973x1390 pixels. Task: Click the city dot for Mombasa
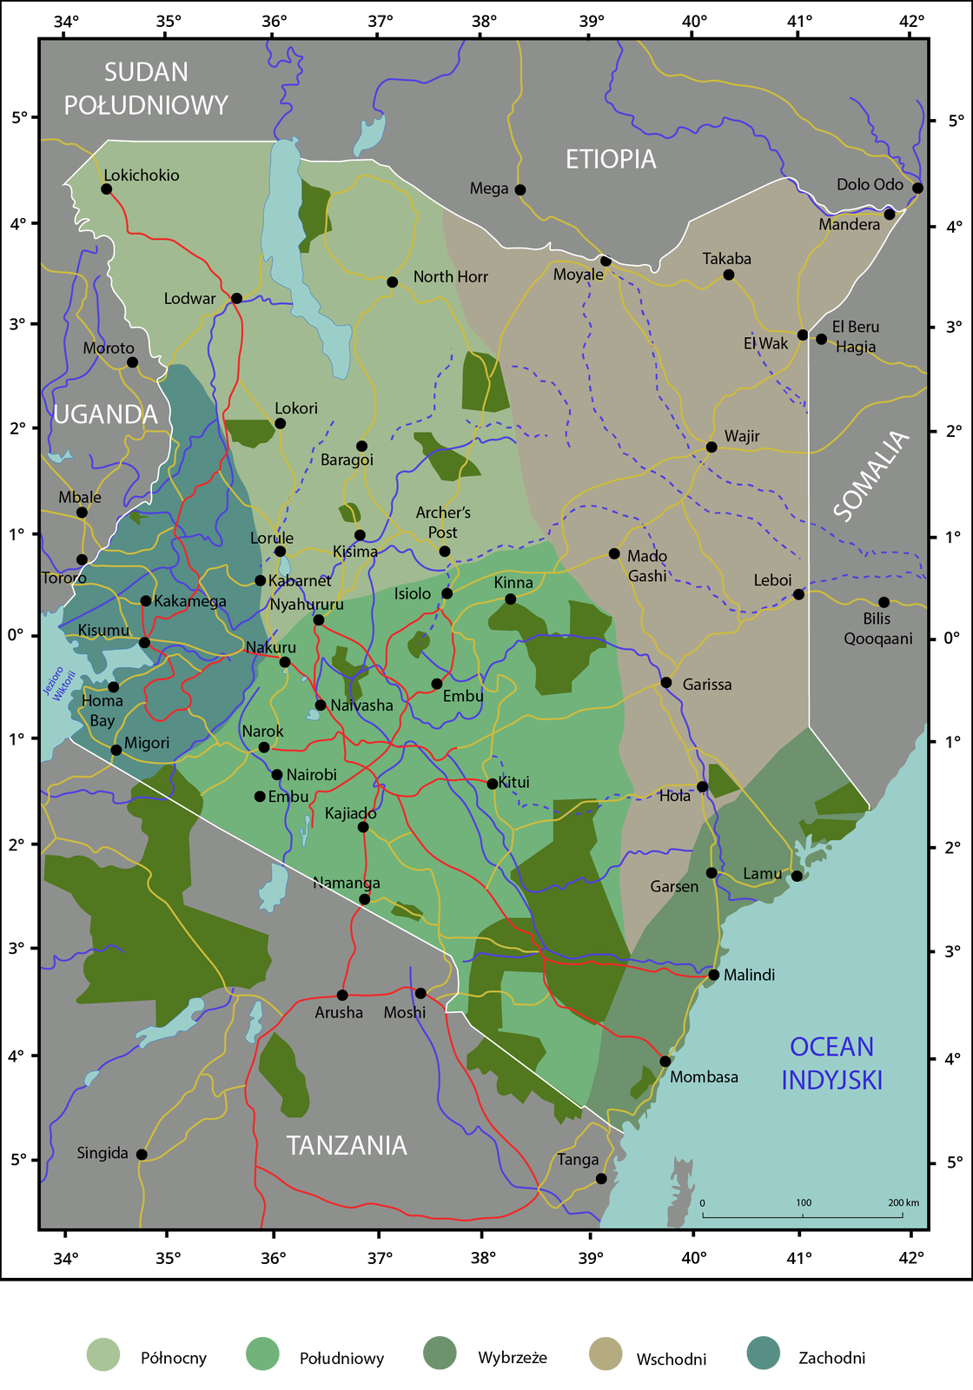(x=665, y=1061)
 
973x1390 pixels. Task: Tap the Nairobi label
(x=311, y=775)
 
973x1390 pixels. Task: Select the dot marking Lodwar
(x=236, y=298)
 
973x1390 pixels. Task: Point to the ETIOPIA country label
(x=611, y=159)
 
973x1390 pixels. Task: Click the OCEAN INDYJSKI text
(x=831, y=1063)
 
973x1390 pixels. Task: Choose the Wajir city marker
(x=712, y=447)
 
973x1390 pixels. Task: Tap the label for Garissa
(x=706, y=685)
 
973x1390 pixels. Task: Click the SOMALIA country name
(x=870, y=476)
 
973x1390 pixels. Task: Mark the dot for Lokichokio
(x=107, y=189)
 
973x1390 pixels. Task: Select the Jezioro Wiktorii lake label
(x=59, y=684)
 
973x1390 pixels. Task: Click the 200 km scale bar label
(x=903, y=1202)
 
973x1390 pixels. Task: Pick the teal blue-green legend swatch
(x=763, y=1353)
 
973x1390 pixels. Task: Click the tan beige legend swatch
(x=606, y=1353)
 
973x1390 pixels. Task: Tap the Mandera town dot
(x=889, y=214)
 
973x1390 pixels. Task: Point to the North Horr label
(x=450, y=276)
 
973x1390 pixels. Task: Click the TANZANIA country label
(x=347, y=1145)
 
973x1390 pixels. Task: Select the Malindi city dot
(x=714, y=975)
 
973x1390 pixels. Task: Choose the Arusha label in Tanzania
(x=339, y=1012)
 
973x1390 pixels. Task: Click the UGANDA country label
(x=105, y=414)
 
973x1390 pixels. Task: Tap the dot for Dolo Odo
(x=917, y=188)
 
